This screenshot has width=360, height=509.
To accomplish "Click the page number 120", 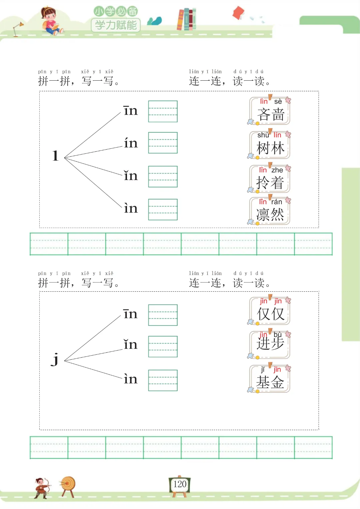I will (x=180, y=484).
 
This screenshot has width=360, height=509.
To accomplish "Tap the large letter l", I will (x=55, y=156).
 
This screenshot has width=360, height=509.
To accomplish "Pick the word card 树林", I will (x=270, y=145).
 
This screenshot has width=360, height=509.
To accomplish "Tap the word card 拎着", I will (x=270, y=179).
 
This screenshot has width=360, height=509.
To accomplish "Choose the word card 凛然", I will (x=270, y=211).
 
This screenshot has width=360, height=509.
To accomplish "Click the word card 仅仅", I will (x=270, y=311).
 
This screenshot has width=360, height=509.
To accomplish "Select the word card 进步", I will (x=270, y=345).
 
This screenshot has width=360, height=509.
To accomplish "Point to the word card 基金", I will (x=270, y=379).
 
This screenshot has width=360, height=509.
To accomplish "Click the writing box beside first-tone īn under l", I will (x=163, y=111).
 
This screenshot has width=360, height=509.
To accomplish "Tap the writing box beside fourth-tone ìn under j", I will (x=163, y=380).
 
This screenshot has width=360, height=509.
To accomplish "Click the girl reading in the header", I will (x=50, y=21).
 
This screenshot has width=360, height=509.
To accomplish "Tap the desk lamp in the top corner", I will (x=18, y=28).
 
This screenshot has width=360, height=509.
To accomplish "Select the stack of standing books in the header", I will (x=186, y=19).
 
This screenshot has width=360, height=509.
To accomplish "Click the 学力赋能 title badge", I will (x=116, y=25).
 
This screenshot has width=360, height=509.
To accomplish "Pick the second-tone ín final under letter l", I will (x=131, y=143).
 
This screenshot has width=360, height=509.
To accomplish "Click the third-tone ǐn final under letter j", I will (x=130, y=344).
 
